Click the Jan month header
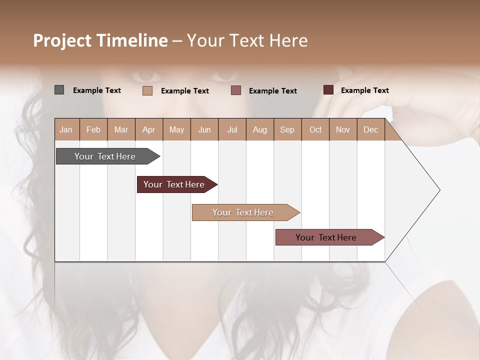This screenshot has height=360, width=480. click(x=66, y=129)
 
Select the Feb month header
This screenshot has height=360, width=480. click(x=93, y=129)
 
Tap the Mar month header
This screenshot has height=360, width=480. click(x=121, y=129)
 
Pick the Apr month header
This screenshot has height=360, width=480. click(x=149, y=129)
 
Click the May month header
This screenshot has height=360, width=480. click(x=176, y=129)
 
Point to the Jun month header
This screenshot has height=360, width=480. click(x=204, y=129)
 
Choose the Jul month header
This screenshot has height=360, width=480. click(x=232, y=129)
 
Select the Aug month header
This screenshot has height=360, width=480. click(x=260, y=129)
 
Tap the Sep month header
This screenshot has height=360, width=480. click(x=287, y=129)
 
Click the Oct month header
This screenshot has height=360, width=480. click(x=315, y=129)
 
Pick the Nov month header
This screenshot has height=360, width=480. click(x=343, y=129)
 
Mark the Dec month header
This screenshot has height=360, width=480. click(x=371, y=129)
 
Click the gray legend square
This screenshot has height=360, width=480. click(x=59, y=90)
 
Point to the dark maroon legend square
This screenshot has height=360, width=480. click(x=328, y=90)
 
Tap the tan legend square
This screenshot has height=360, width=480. click(x=147, y=90)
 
